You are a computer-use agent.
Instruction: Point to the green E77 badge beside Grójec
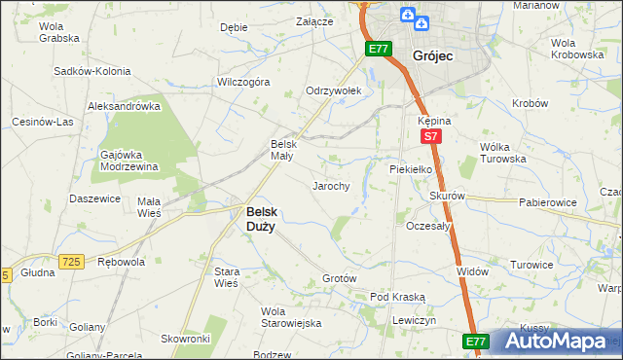(x=379, y=48)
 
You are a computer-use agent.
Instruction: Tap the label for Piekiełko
(x=410, y=168)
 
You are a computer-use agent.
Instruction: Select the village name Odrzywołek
(x=334, y=90)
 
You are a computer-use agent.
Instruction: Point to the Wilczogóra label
(x=242, y=83)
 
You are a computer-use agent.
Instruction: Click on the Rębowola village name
(x=122, y=262)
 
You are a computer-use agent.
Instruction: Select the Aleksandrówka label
(x=124, y=105)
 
